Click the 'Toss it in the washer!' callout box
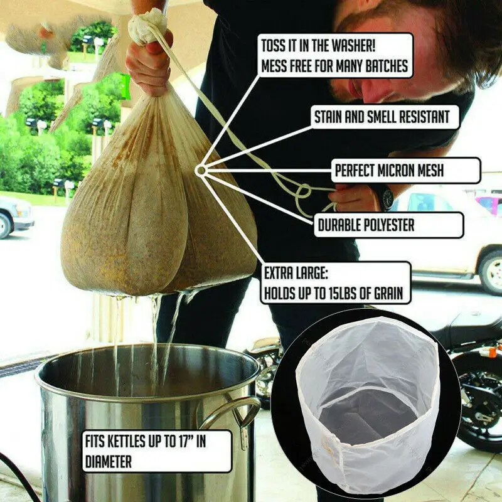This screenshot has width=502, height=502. tap(334, 55)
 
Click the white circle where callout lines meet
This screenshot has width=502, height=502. tap(201, 170)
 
